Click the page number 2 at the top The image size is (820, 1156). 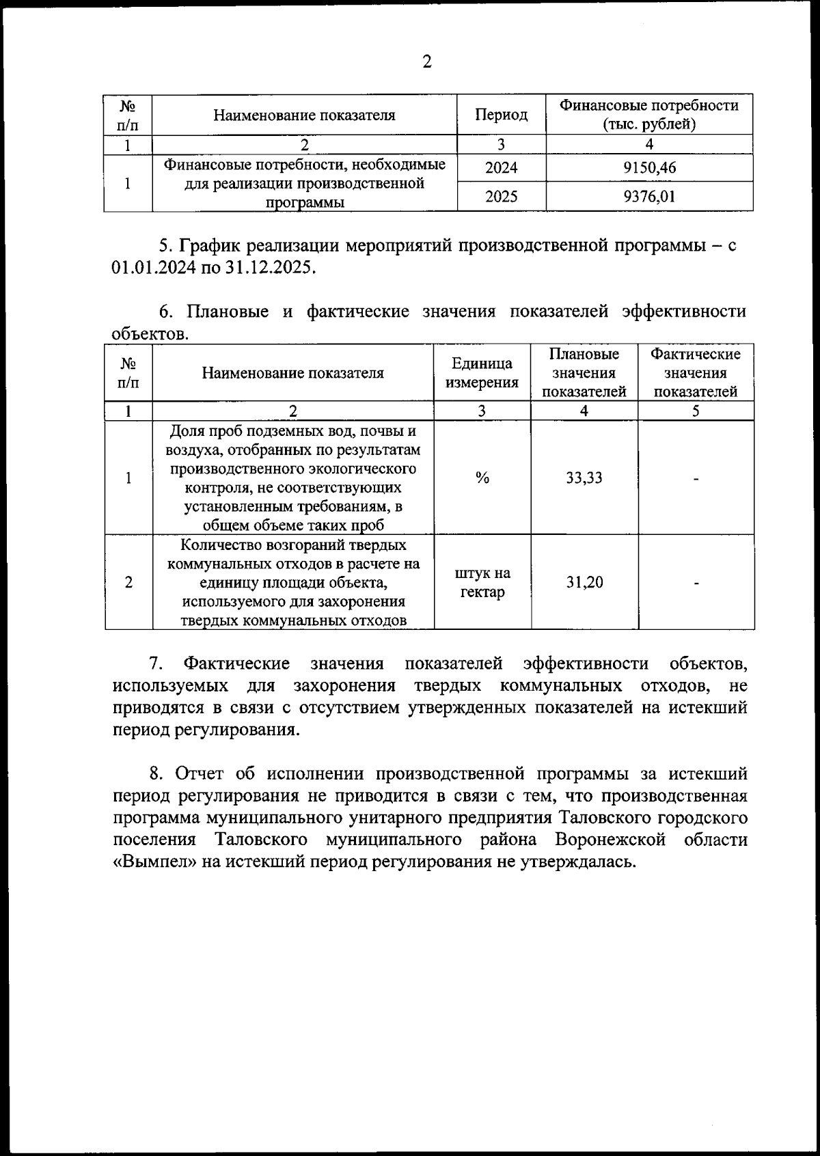(x=427, y=63)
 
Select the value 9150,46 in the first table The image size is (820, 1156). (x=649, y=168)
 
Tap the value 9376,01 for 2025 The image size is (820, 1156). (x=649, y=197)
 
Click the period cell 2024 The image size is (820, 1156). (x=501, y=168)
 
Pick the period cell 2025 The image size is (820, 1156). (x=501, y=197)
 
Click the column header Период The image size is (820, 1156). (x=501, y=115)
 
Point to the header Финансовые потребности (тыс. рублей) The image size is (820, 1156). (x=649, y=115)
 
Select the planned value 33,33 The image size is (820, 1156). (x=584, y=478)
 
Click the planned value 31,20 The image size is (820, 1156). (x=584, y=582)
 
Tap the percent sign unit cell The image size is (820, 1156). (x=482, y=478)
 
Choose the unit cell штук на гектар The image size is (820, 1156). (x=482, y=582)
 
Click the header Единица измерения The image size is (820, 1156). (x=482, y=373)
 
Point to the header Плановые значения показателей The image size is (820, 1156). (x=584, y=373)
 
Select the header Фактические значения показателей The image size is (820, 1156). (x=696, y=373)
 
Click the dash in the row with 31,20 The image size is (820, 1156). (x=696, y=583)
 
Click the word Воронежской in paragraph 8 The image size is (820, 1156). (x=610, y=840)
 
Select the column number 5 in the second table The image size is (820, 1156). (x=696, y=411)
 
